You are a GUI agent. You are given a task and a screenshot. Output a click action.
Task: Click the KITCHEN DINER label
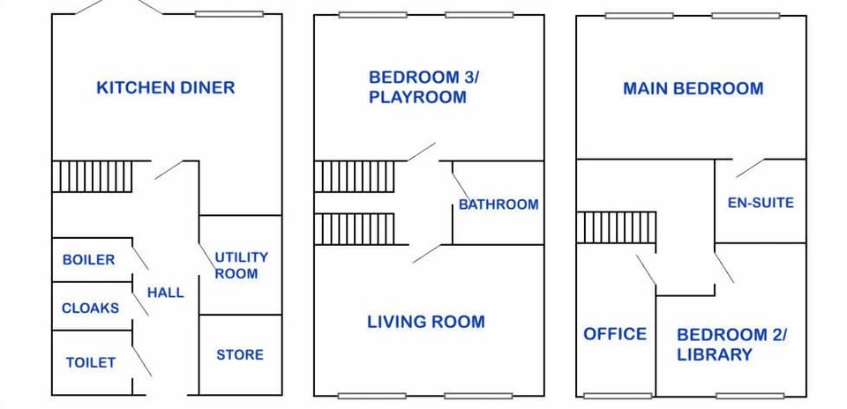point(165,87)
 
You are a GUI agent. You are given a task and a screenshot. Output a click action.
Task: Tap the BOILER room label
point(88,260)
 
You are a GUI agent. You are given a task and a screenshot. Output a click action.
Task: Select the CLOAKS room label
point(90,309)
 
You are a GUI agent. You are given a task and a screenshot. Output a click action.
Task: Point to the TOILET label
point(90,362)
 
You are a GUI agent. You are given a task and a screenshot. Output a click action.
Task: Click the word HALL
point(166,293)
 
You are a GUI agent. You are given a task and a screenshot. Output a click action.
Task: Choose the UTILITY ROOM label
point(241,265)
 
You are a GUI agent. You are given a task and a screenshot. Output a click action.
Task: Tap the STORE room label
point(240,354)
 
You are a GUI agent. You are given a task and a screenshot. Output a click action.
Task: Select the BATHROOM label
point(498,204)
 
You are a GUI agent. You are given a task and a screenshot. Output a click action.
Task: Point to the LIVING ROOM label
point(426,322)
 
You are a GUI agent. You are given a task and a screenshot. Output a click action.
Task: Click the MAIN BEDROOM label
point(693,88)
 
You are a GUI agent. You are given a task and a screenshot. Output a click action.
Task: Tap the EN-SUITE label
point(761,203)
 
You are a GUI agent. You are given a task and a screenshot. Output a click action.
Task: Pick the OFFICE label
point(615,334)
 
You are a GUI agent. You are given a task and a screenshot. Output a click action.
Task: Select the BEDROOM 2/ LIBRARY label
point(732,345)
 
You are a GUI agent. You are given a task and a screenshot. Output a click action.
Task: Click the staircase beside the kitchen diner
point(92,176)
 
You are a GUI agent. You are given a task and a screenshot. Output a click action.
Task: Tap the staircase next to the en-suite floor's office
point(617,227)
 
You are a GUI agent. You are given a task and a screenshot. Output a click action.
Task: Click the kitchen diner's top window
point(229,14)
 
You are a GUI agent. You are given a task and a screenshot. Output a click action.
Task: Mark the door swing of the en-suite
point(750,167)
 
